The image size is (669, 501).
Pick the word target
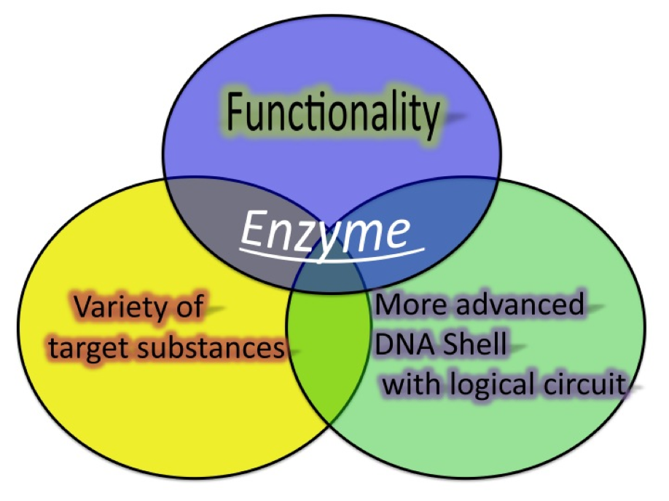(x=95, y=348)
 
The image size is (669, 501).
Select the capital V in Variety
(x=81, y=308)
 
